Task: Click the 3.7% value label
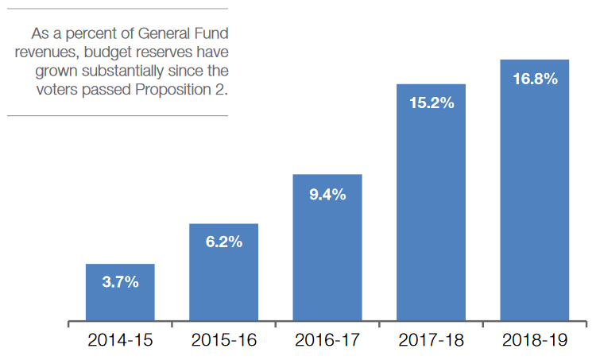tap(120, 282)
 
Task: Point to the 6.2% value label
tap(223, 242)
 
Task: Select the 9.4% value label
tap(327, 194)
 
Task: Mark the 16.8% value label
tap(535, 79)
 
